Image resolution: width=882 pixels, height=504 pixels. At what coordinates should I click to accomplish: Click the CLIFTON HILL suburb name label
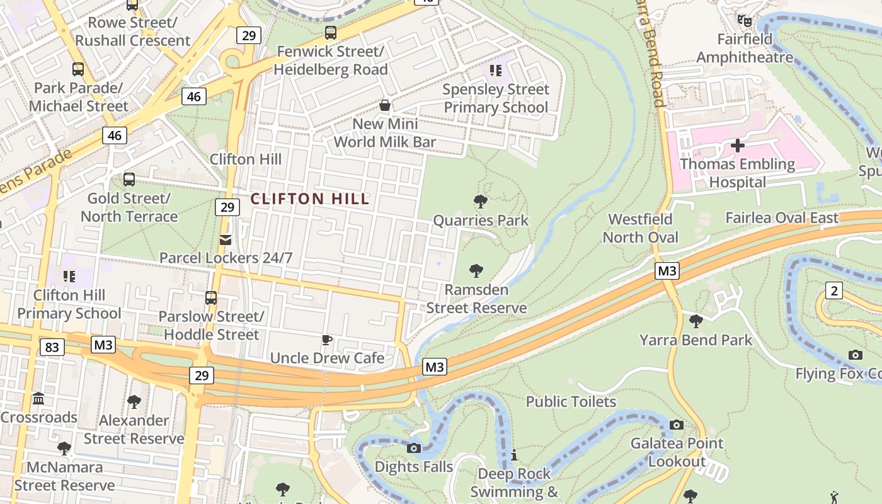point(310,199)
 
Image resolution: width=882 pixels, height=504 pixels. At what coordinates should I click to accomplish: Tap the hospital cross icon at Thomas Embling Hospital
point(738,146)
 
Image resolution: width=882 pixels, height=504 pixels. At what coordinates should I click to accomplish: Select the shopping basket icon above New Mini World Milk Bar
point(384,105)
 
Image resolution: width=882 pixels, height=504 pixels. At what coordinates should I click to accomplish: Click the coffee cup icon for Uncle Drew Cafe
point(326,340)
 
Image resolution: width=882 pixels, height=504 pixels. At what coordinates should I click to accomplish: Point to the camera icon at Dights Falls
point(414,449)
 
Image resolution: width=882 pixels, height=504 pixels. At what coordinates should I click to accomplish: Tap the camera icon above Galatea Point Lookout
point(677,425)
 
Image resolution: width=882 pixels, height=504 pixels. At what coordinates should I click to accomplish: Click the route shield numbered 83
point(52,346)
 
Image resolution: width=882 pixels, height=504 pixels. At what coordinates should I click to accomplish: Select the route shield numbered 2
point(835,290)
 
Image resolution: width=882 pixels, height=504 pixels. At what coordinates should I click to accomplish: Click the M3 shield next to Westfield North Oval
point(667,271)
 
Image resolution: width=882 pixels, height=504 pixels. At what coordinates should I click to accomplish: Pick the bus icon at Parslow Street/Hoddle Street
point(211,297)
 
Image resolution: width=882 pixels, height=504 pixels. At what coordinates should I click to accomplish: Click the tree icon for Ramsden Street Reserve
point(476,272)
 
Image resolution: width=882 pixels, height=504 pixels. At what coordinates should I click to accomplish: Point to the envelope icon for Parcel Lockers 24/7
point(226,240)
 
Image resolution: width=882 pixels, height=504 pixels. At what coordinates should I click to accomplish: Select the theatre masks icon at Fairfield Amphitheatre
point(745,21)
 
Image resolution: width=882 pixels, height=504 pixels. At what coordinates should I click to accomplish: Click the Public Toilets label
point(571,401)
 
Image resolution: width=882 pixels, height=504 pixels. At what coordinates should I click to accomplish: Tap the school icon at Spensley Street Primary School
point(495,71)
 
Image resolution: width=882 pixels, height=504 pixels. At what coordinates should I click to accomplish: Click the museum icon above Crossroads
point(38,399)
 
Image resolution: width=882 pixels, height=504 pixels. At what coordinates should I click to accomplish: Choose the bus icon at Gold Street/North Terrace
point(129,180)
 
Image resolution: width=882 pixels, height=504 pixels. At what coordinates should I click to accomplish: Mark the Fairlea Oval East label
point(782,218)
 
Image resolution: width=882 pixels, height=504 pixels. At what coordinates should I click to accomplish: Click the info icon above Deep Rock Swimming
point(514,455)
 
